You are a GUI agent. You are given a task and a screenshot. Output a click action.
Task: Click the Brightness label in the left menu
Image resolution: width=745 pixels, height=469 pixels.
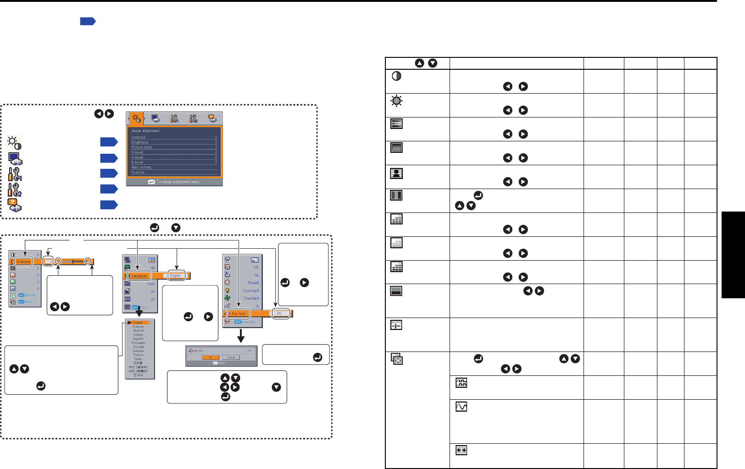coord(23,262)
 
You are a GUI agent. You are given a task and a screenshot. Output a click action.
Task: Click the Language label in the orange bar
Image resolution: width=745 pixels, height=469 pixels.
coord(139,276)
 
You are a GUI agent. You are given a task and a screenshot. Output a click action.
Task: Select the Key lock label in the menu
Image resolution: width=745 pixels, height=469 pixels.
coord(239,314)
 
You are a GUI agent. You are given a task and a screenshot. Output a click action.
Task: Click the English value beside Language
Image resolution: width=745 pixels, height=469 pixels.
coord(175,276)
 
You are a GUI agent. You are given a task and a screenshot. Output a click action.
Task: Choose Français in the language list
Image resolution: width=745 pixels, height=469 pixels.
coord(139,327)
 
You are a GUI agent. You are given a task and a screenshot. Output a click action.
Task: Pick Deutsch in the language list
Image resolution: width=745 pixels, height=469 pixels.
coord(139,331)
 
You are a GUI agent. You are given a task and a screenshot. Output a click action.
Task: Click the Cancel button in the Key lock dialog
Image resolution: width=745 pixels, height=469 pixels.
coord(231,357)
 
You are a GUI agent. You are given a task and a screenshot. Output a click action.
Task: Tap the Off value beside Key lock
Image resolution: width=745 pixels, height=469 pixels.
coord(279,314)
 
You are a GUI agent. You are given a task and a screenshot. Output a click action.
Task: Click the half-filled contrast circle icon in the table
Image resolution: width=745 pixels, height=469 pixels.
coord(397,76)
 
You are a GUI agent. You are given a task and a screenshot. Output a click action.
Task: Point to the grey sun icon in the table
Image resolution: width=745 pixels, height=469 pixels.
coord(397,100)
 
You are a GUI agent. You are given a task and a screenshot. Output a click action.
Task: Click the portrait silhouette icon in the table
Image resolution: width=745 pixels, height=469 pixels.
coord(397,173)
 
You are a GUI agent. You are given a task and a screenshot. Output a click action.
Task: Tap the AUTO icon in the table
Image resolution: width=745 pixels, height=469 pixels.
coord(396,325)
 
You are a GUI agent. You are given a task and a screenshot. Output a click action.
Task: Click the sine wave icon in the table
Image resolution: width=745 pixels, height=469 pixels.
coord(461,407)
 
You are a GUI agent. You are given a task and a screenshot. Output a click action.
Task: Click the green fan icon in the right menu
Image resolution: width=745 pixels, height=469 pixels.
coord(228,298)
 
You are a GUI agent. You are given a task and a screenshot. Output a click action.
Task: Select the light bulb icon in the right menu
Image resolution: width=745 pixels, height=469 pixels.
coord(228,290)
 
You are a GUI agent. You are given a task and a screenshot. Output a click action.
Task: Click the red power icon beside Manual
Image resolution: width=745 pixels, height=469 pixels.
coord(228,282)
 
